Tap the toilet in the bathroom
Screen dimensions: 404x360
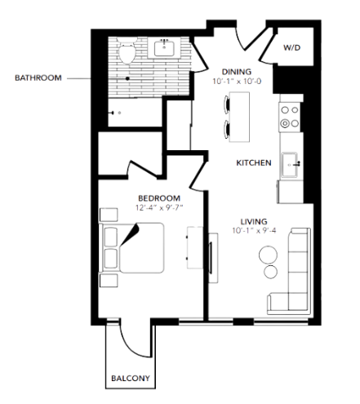[127, 54]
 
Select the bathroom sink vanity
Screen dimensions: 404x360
[170, 50]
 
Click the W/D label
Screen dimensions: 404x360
[292, 48]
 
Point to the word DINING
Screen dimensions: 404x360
[236, 71]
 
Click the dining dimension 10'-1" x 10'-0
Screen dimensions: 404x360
[236, 82]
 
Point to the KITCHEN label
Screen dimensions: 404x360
[253, 163]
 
